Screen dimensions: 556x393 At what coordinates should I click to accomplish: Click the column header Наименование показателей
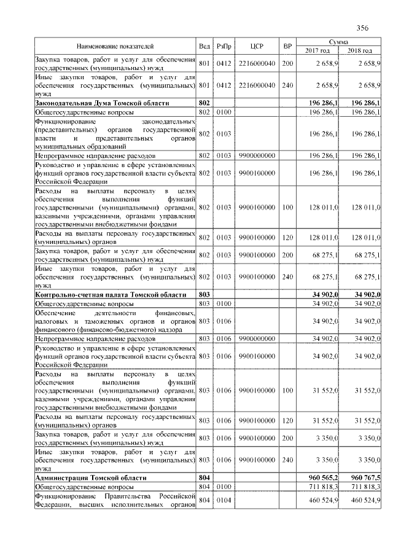(115, 46)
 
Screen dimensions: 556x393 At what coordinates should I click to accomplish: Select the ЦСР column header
(257, 46)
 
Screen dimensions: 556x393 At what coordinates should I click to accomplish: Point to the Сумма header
(339, 41)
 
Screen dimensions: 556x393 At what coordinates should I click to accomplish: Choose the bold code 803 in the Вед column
(204, 296)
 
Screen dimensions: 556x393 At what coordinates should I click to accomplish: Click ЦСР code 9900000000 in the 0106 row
(257, 338)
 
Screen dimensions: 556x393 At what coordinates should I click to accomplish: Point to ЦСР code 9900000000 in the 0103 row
(257, 156)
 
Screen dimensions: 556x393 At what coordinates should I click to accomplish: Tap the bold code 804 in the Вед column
(204, 477)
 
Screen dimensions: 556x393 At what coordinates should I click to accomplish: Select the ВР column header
(287, 46)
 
